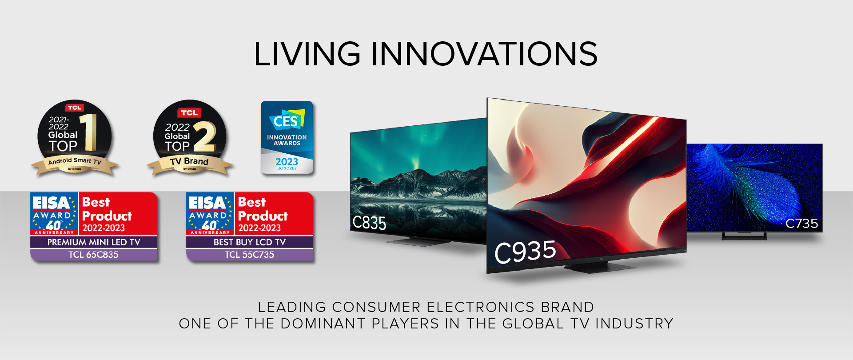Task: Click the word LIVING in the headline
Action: [x=307, y=54]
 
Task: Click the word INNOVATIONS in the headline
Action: [x=484, y=54]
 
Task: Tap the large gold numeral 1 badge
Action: [x=90, y=132]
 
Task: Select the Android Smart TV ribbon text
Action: [x=75, y=161]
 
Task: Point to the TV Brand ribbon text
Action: [x=189, y=161]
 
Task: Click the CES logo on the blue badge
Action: [x=286, y=120]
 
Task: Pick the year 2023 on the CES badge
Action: [x=287, y=162]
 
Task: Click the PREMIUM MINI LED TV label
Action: [x=94, y=242]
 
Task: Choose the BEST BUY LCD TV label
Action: [x=250, y=242]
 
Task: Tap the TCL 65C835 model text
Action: [x=94, y=255]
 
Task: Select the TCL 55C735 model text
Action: [x=250, y=255]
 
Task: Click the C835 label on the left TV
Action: [x=369, y=223]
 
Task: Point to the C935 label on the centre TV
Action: [x=525, y=252]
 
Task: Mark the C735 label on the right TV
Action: [x=801, y=223]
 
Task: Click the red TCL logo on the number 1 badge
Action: [x=75, y=108]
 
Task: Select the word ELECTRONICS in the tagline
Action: [x=480, y=307]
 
